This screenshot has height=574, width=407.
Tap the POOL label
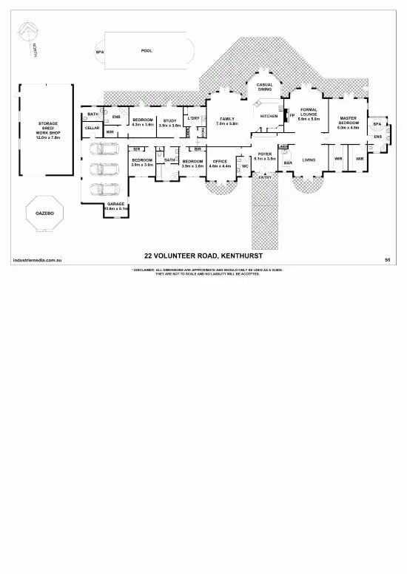coord(147,51)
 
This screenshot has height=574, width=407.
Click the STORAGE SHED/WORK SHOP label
coord(47,130)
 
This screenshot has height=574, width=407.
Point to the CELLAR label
coord(92,128)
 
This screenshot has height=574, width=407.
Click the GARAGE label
coord(115,204)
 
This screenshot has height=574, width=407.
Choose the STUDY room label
coord(169,121)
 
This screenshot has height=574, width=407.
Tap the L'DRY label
coord(193,118)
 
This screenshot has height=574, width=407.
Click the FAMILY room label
coord(226,119)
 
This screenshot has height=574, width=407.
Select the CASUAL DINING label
coord(265,87)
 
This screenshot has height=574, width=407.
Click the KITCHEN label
coord(269,116)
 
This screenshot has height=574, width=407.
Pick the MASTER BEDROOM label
coord(348,120)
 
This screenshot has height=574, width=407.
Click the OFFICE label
coord(220,160)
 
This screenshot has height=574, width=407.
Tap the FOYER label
coord(265,154)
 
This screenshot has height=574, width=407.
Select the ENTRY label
coord(265,177)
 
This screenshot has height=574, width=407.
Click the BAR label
coord(288,163)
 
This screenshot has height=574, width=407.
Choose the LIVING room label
coord(309,160)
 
